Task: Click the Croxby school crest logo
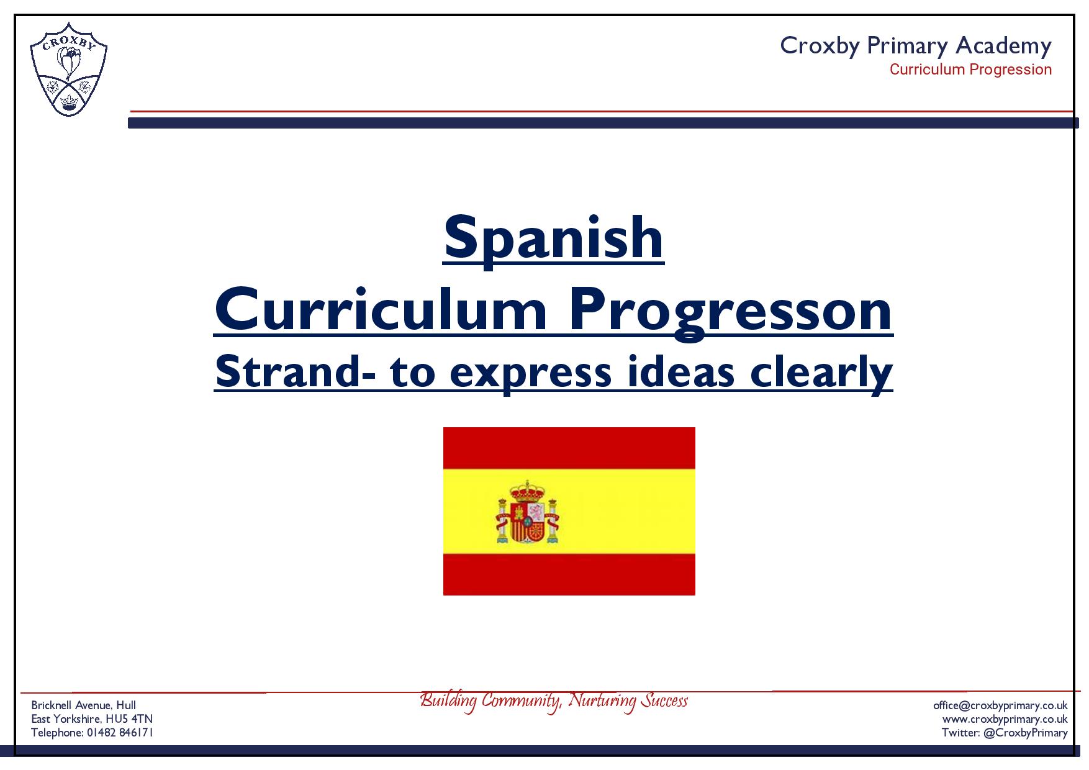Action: click(x=68, y=70)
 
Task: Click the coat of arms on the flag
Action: click(x=527, y=512)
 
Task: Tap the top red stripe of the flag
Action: click(x=569, y=448)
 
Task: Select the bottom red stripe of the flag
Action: click(x=569, y=574)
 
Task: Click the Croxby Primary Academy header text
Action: click(x=916, y=46)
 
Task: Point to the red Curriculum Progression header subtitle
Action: click(x=970, y=70)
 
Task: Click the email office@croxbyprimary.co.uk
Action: click(x=1000, y=705)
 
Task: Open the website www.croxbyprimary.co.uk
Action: click(x=1005, y=719)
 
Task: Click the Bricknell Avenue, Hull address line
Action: click(x=84, y=705)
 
